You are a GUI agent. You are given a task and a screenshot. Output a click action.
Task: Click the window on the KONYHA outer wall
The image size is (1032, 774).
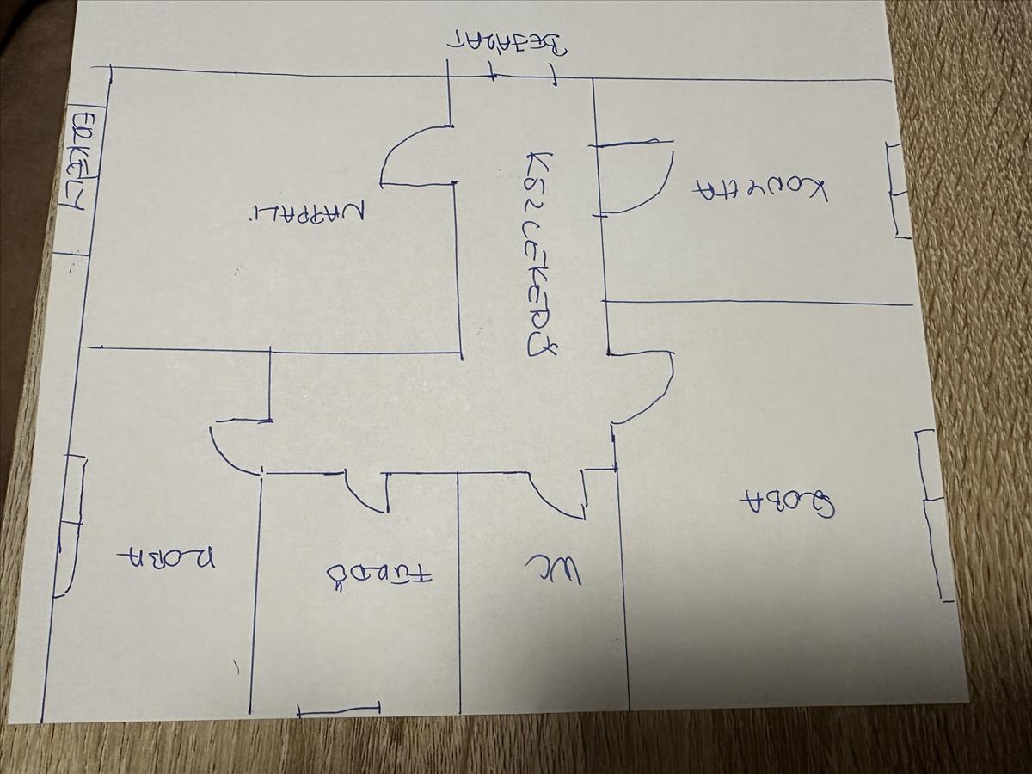[x=898, y=190]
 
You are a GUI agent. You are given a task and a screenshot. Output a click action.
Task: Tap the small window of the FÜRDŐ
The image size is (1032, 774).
[x=338, y=710]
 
